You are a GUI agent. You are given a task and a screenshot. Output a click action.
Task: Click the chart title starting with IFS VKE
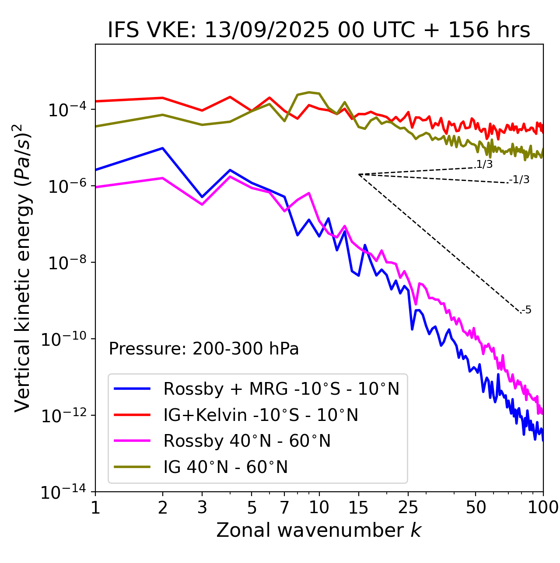(x=318, y=30)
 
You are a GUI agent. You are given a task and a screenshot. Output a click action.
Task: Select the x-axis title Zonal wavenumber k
(x=318, y=530)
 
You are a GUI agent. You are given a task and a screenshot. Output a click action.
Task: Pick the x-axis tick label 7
(x=284, y=507)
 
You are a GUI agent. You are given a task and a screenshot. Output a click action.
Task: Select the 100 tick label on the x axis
(x=542, y=507)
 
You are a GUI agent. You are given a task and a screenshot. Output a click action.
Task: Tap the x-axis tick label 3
(x=202, y=507)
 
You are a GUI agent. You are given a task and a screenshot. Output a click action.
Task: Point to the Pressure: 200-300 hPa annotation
(x=204, y=349)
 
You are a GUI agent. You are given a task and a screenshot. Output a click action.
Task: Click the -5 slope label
(x=526, y=310)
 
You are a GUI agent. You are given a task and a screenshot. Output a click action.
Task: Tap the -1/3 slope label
(x=520, y=180)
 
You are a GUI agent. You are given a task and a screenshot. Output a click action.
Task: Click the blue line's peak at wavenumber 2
(x=163, y=148)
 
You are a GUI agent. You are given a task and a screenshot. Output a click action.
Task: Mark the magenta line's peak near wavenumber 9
(x=309, y=193)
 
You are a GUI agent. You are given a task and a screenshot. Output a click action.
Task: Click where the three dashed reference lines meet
(x=359, y=174)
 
